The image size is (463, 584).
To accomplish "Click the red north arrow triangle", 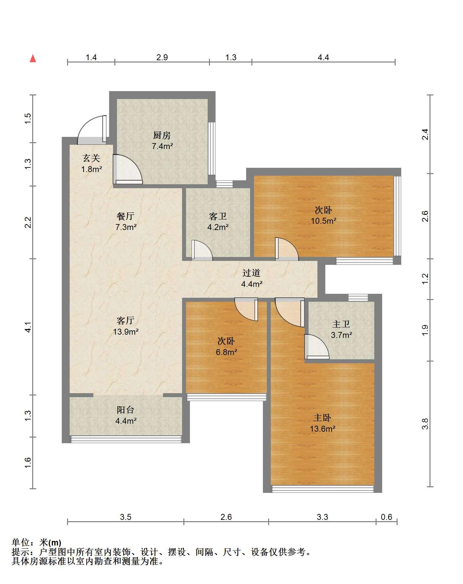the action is (x=33, y=59).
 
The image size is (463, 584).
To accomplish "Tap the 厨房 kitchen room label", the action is (x=162, y=135).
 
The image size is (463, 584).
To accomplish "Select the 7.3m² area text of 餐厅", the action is (x=126, y=227).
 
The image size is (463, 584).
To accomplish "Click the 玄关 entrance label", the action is (x=91, y=158).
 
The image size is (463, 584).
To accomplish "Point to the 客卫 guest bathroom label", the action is (x=218, y=216).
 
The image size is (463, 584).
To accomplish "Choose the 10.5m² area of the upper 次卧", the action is (x=324, y=221).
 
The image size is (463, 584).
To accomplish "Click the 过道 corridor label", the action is (x=251, y=273).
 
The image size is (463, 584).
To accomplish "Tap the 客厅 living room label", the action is (x=126, y=320).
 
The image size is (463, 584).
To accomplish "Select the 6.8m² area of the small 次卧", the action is (x=226, y=352).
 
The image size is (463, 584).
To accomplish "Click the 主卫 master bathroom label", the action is (x=341, y=324).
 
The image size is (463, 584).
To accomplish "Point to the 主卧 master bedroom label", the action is (x=322, y=418).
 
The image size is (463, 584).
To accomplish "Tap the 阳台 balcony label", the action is (x=126, y=410).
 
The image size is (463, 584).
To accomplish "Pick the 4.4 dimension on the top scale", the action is (x=323, y=58).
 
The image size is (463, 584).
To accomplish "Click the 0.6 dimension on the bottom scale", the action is (x=386, y=517).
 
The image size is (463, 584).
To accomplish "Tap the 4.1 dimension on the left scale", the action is (x=29, y=327).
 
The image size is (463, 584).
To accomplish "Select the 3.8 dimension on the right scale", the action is (x=425, y=424).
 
